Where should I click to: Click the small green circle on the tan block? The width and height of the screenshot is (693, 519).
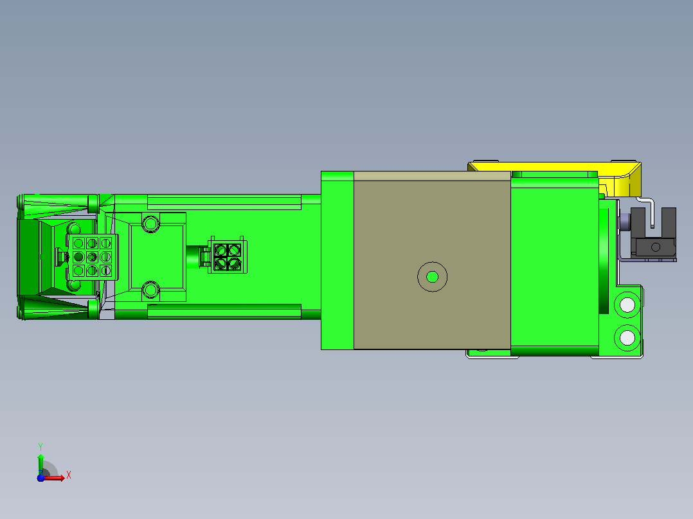click(432, 277)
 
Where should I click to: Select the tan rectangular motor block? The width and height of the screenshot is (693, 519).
click(432, 260)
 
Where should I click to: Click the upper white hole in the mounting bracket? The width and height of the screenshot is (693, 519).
click(627, 304)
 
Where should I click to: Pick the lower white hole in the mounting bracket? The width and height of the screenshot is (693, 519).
click(627, 338)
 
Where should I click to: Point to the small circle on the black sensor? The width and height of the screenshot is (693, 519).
click(656, 247)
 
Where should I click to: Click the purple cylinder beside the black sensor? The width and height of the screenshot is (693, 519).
click(625, 222)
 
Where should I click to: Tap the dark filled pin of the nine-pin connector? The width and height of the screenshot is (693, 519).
click(78, 257)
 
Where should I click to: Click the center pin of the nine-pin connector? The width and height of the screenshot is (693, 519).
click(92, 257)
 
